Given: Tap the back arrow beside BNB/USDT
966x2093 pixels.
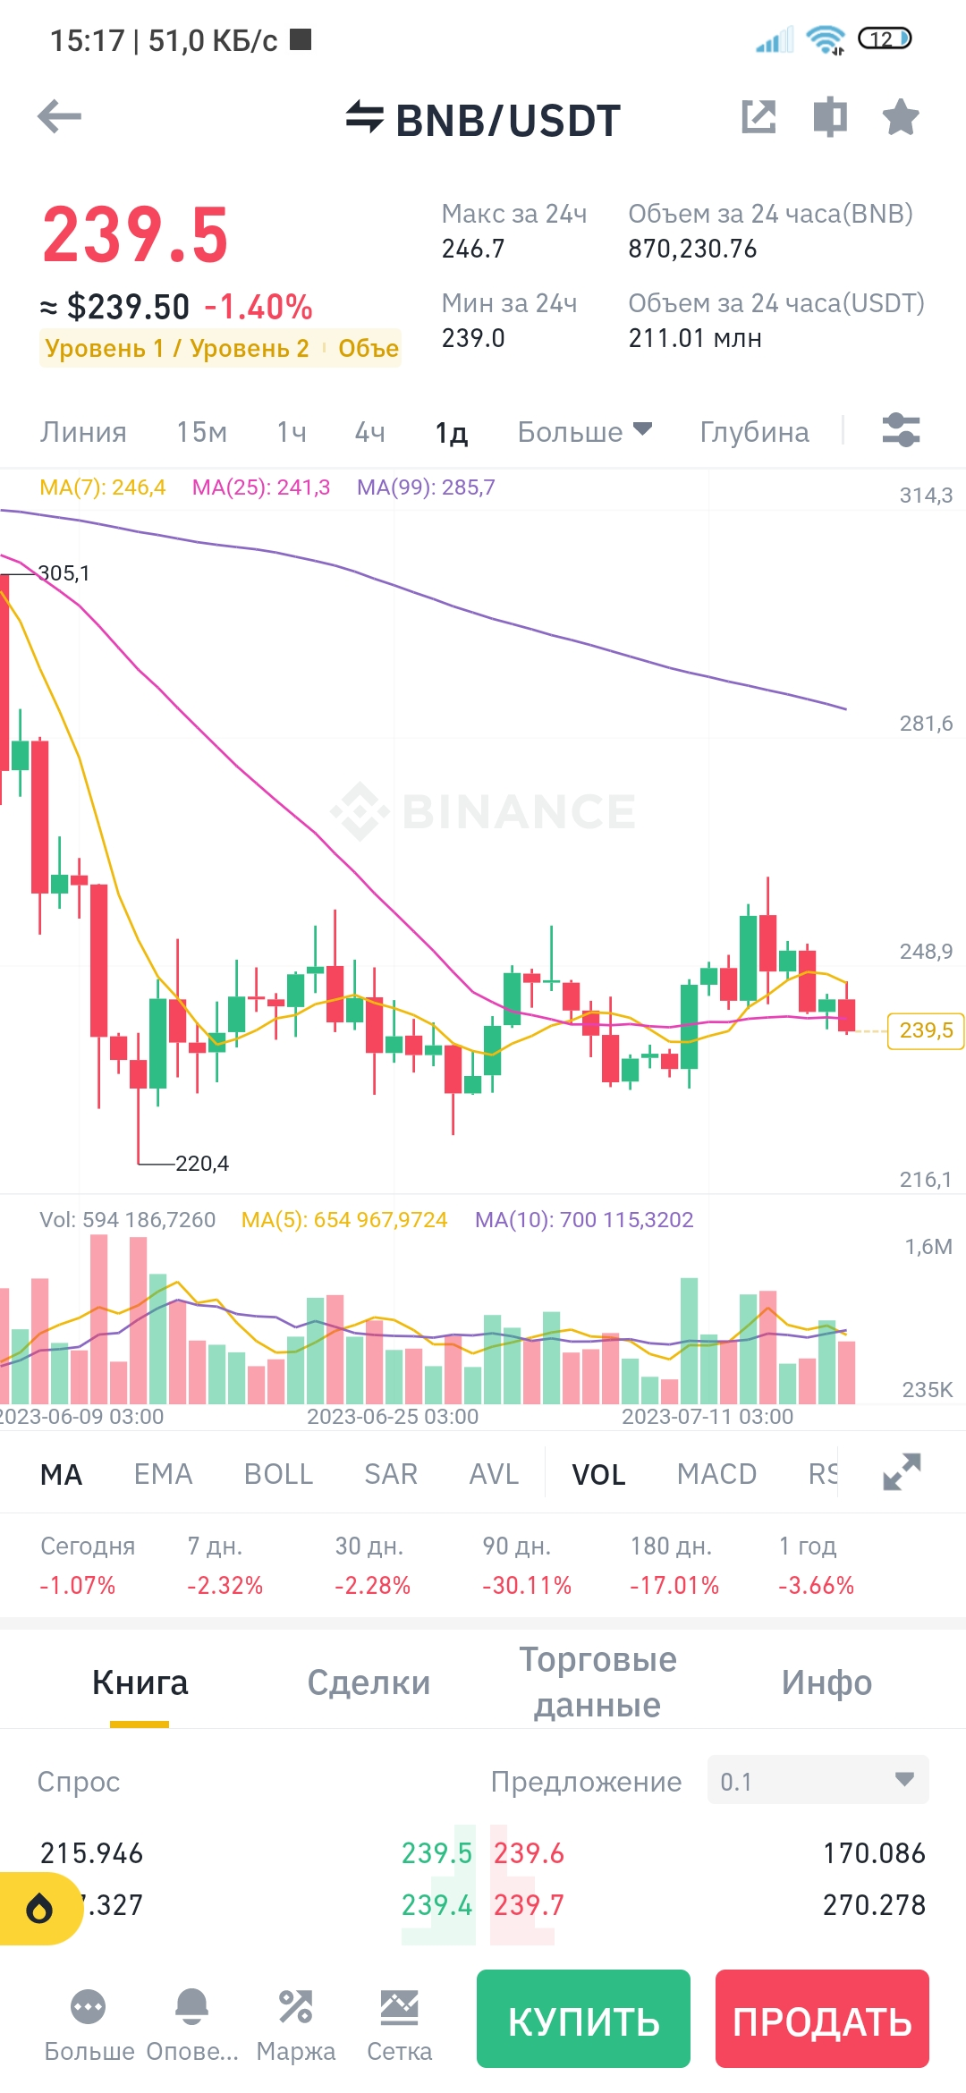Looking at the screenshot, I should (60, 117).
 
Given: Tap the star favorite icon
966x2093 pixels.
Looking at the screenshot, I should (900, 117).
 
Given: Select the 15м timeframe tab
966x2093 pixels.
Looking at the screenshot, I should (201, 432).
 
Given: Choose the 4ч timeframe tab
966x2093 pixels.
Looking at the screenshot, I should (370, 432).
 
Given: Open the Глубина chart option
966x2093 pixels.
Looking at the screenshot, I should (754, 432).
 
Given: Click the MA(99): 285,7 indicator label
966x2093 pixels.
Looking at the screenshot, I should (426, 487).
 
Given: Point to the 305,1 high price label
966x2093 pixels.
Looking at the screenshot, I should (64, 573).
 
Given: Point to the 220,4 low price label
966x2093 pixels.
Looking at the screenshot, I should (202, 1164).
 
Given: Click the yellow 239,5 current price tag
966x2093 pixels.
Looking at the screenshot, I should (926, 1030).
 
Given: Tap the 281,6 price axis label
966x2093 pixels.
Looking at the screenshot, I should (926, 724).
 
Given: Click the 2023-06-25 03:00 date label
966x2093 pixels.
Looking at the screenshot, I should (393, 1417).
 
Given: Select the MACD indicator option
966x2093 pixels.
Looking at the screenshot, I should (716, 1474).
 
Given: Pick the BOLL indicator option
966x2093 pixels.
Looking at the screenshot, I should (278, 1474).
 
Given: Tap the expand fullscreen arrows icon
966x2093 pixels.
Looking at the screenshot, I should (902, 1472).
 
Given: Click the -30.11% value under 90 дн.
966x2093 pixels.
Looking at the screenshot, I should (527, 1586).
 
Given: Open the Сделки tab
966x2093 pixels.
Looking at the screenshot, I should (369, 1682).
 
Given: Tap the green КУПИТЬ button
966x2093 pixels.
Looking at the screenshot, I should (583, 2019).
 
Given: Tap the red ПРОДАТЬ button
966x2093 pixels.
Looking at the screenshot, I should (822, 2019).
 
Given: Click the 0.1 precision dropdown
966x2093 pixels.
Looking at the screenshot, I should (818, 1780).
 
